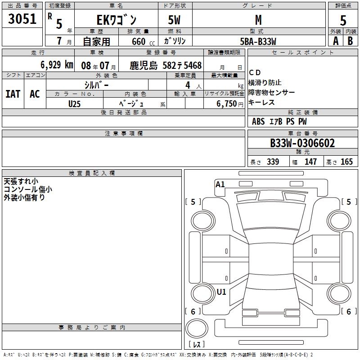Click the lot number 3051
pyautogui.click(x=22, y=19)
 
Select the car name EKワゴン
pyautogui.click(x=117, y=20)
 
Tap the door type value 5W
pyautogui.click(x=174, y=20)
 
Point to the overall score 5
pyautogui.click(x=343, y=20)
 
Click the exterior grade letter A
pyautogui.click(x=336, y=41)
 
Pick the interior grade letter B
pyautogui.click(x=350, y=41)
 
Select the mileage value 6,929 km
pyautogui.click(x=57, y=65)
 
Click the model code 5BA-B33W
pyautogui.click(x=258, y=41)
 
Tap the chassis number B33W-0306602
pyautogui.click(x=302, y=143)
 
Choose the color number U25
pyautogui.click(x=74, y=104)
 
